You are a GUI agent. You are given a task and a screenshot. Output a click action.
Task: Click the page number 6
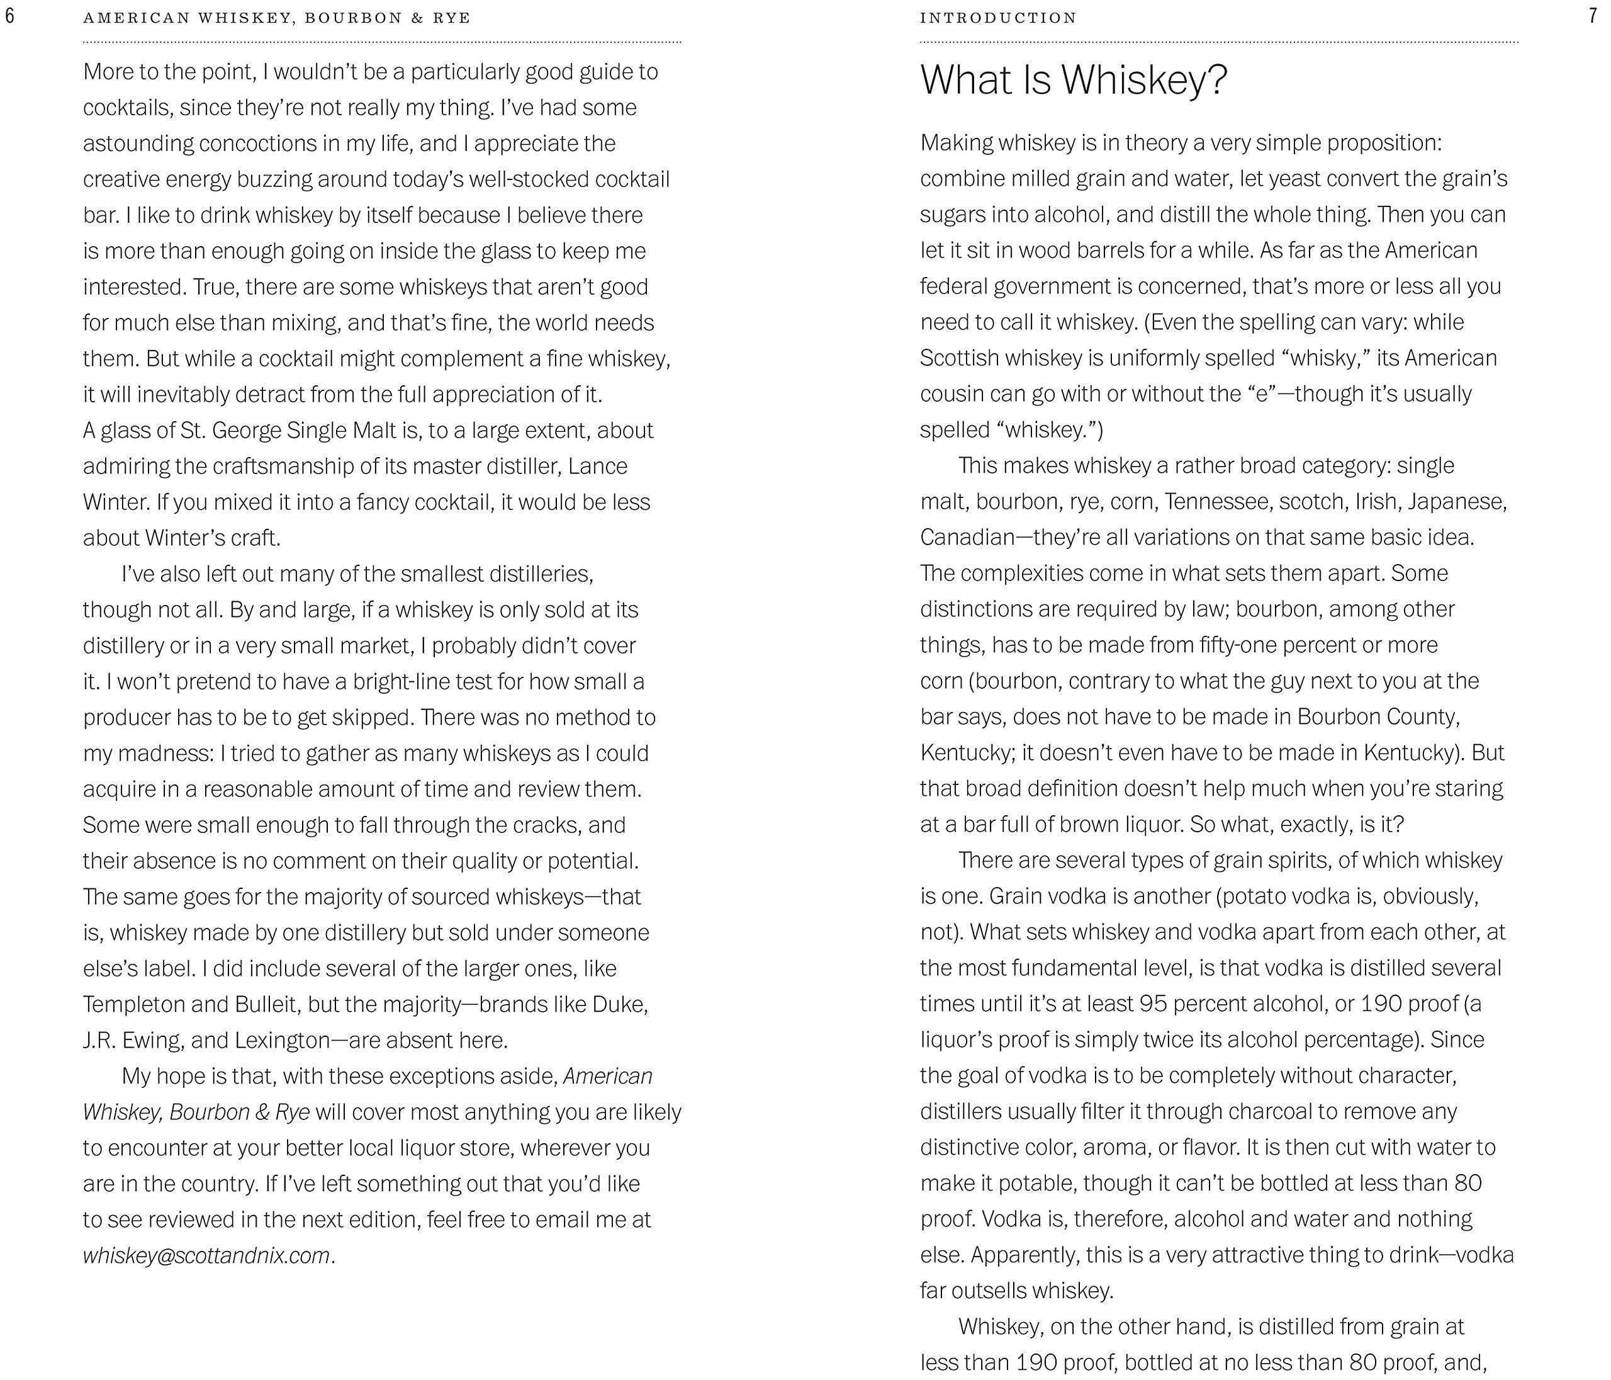pyautogui.click(x=9, y=17)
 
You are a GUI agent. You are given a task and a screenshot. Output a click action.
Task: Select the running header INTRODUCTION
pyautogui.click(x=998, y=18)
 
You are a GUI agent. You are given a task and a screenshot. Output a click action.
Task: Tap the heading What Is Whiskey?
pyautogui.click(x=1074, y=79)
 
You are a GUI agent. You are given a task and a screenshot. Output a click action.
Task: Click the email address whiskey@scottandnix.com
pyautogui.click(x=207, y=1255)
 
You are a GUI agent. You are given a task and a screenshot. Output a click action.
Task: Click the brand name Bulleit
pyautogui.click(x=267, y=1004)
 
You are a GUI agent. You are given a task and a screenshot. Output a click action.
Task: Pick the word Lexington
pyautogui.click(x=282, y=1040)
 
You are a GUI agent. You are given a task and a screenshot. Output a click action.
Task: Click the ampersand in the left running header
pyautogui.click(x=417, y=18)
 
